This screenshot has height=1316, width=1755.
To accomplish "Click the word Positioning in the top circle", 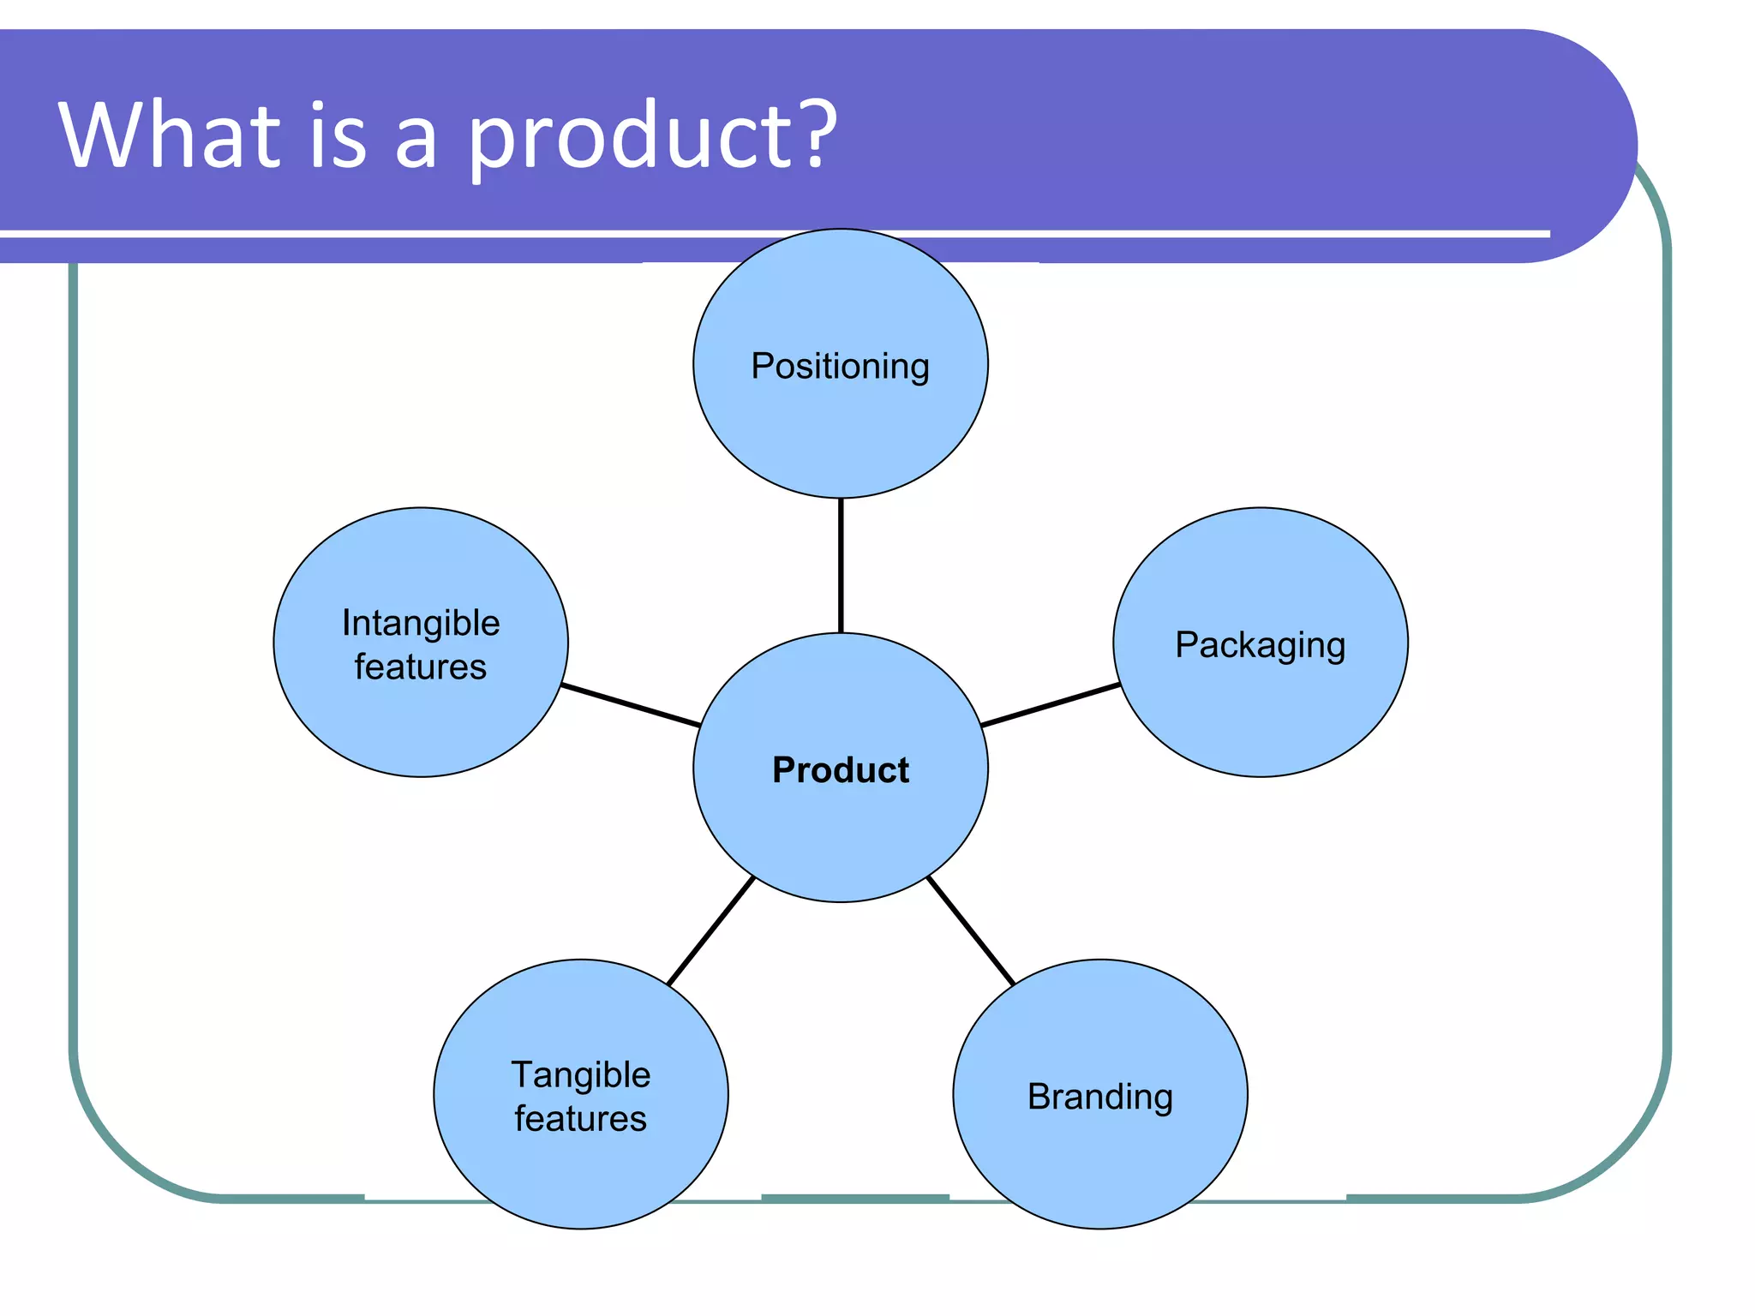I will coord(840,367).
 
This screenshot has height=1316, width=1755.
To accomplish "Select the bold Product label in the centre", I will coord(840,769).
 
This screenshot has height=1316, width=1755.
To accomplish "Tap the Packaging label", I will coord(1260,645).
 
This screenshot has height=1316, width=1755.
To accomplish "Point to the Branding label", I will coord(1099,1097).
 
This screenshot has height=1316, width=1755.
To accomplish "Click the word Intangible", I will coord(421,623).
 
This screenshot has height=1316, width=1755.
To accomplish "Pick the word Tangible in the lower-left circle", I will coord(581,1074).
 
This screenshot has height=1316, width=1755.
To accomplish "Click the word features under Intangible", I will coord(421,667).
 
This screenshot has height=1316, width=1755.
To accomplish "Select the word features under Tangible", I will coord(581,1119).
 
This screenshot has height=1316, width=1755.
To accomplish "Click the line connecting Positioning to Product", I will coord(841,565).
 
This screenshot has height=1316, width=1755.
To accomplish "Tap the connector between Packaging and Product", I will coord(1050,705).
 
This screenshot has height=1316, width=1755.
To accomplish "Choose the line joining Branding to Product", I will coord(971,930).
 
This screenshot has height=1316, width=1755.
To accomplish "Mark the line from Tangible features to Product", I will coord(710,930).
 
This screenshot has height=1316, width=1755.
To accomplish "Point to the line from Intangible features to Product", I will coord(631,705).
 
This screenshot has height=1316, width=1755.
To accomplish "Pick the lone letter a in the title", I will coord(416,141).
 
